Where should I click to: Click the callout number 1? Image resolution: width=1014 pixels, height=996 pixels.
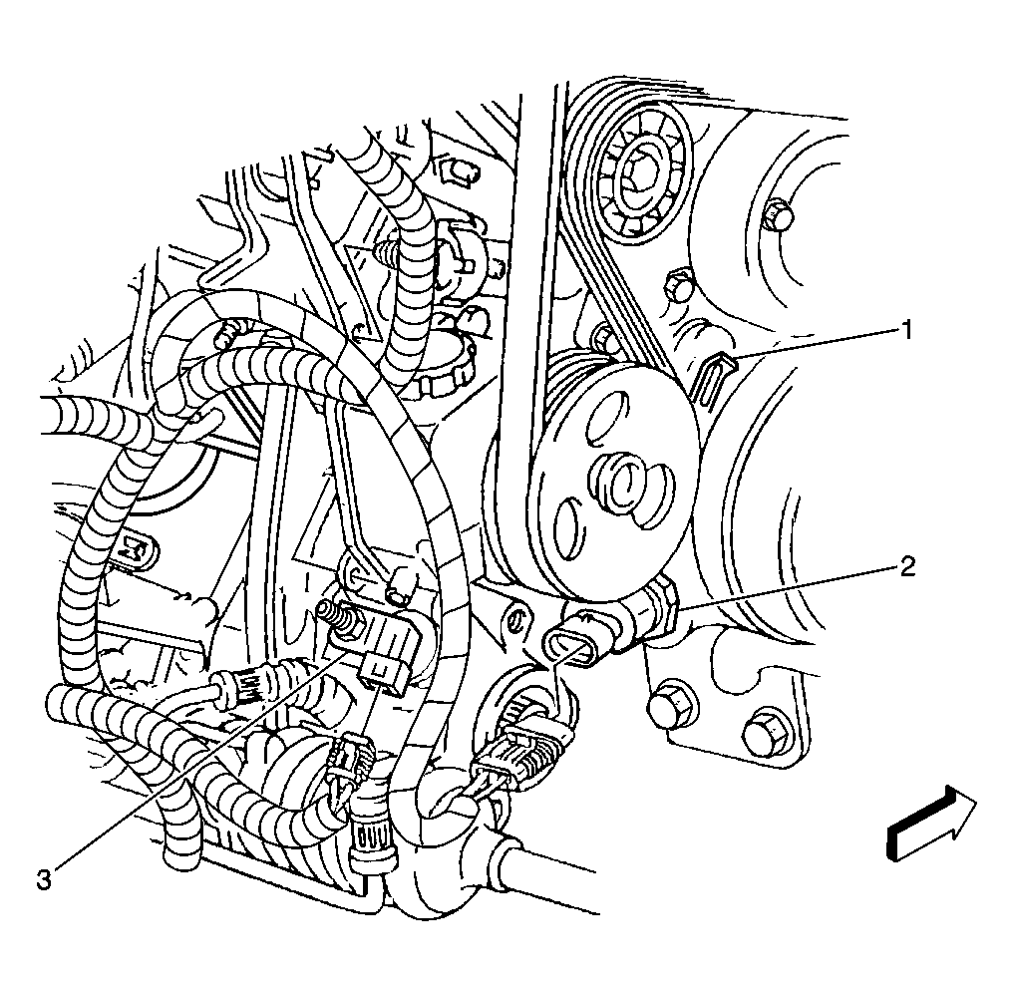906,330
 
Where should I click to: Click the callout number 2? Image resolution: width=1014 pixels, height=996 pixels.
906,567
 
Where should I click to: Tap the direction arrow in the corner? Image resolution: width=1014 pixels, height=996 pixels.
932,824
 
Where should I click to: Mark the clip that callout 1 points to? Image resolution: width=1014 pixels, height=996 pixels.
710,381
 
